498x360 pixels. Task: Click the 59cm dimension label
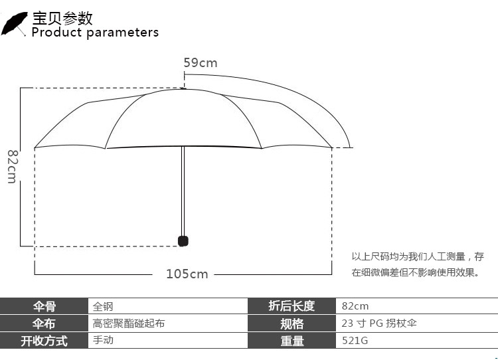pos(201,63)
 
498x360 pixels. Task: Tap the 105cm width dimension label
pos(187,274)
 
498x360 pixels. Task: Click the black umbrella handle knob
pos(183,240)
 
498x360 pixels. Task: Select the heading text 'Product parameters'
pos(95,32)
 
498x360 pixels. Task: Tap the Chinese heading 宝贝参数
pos(63,17)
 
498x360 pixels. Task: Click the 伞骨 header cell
pos(44,306)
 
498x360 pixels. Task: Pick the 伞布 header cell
pos(44,323)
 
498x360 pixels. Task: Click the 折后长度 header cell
pos(291,306)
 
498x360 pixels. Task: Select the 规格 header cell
pos(291,323)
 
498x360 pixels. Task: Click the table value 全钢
pos(103,306)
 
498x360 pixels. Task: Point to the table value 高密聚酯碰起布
pos(129,323)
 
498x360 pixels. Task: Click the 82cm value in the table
pos(355,306)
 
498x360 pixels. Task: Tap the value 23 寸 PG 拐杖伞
pos(379,323)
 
